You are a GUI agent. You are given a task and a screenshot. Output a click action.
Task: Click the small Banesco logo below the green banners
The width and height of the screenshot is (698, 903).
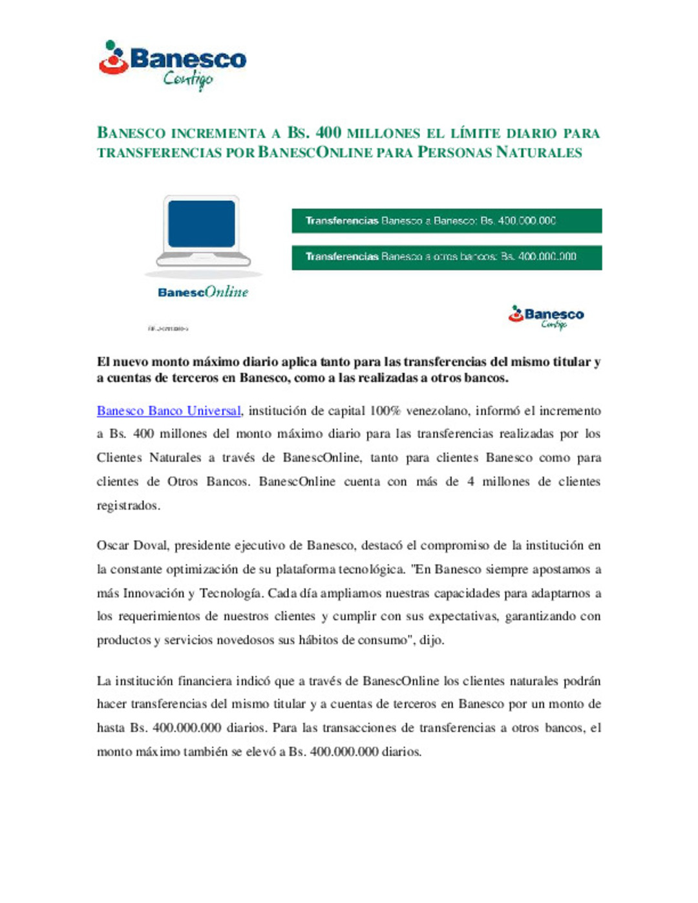coord(546,317)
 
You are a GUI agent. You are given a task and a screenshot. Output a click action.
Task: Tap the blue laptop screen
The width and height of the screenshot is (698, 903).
coord(202,223)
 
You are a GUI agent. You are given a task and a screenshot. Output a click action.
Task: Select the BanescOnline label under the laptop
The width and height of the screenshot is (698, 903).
coord(203,292)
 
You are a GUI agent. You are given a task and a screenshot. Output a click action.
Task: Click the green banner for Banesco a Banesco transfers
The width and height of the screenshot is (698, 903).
coord(447,221)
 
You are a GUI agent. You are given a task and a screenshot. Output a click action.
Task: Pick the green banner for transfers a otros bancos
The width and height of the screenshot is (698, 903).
coord(447,257)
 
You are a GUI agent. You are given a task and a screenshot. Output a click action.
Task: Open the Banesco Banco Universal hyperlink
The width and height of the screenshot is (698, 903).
coord(169,411)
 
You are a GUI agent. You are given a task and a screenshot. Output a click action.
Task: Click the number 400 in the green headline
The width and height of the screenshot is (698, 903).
coord(328,132)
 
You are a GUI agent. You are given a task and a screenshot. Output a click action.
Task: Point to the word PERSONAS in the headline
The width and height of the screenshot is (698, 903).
coord(454,152)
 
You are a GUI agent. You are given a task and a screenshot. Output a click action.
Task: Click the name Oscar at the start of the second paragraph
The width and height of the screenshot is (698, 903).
coord(112,546)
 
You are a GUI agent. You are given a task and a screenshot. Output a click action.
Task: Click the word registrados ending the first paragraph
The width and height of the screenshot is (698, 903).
coord(127,506)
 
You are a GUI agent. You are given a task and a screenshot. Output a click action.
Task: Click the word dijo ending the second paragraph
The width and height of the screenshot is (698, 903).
coord(430,640)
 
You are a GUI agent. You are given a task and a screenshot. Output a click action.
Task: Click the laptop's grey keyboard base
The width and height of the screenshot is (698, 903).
coord(203,259)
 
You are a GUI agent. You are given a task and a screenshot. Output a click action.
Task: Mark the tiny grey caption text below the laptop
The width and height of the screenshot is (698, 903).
coord(168,329)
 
